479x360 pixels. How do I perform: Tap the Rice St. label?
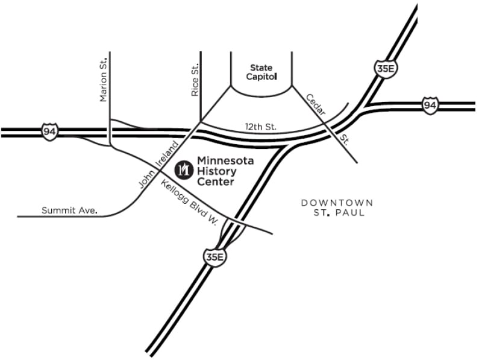[195, 81]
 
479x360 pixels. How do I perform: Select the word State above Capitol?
[261, 68]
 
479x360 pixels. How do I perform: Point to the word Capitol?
[261, 77]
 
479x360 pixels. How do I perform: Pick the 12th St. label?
[260, 127]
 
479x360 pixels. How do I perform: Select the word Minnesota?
[225, 161]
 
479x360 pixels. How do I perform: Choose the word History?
[216, 171]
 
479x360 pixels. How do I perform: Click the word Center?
[215, 182]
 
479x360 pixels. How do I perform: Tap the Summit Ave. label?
[69, 210]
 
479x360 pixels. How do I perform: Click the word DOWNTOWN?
[337, 203]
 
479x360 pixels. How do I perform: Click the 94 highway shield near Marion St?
[49, 130]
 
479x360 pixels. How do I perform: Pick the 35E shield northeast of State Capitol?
[384, 68]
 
